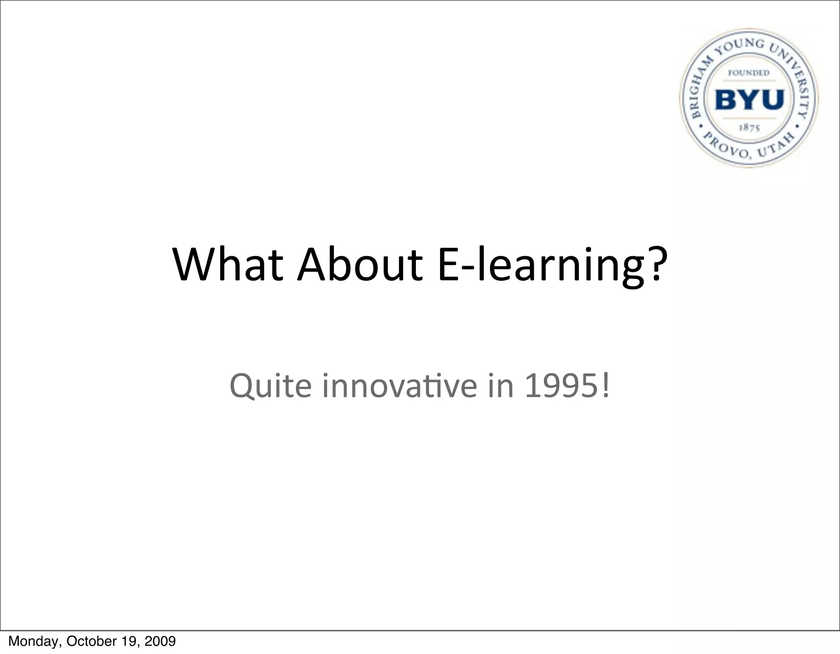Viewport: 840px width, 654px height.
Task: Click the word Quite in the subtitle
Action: (270, 386)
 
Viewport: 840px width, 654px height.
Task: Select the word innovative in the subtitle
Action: (399, 386)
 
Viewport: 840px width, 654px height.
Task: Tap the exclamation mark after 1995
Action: (606, 385)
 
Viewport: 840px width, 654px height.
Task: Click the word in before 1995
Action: (501, 386)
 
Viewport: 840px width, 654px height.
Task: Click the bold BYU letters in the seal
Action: (750, 100)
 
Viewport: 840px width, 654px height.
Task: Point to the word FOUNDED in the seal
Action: (749, 73)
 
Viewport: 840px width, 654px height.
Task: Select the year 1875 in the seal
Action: (749, 128)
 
